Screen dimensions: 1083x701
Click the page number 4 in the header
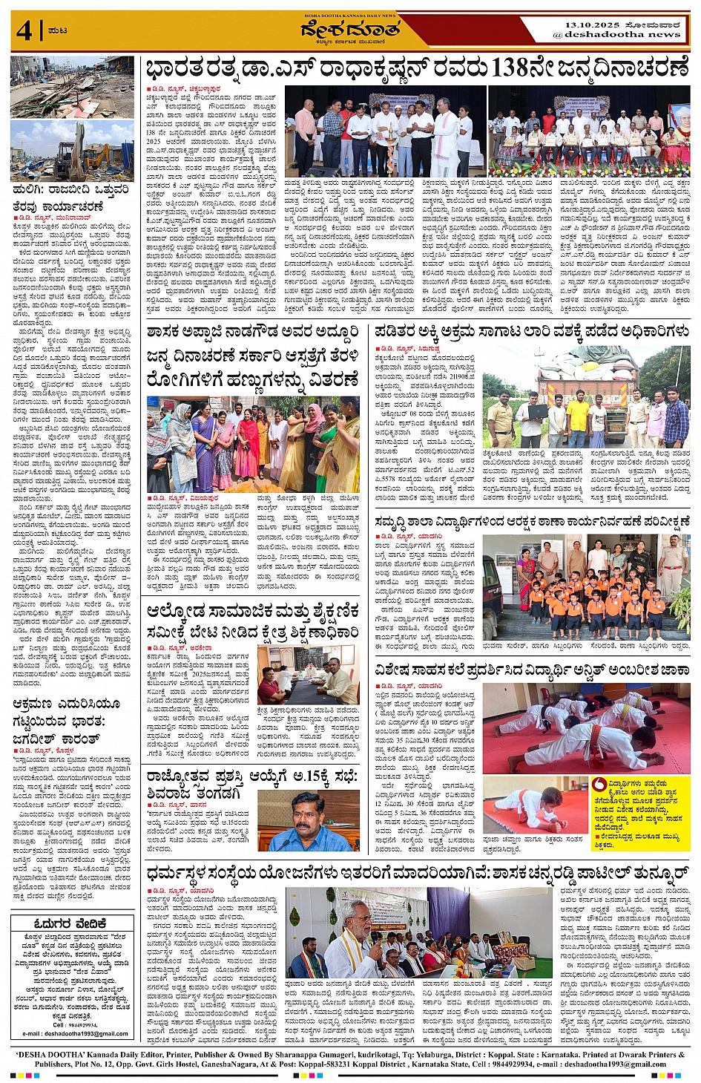pos(24,31)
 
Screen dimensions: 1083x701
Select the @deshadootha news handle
pos(616,35)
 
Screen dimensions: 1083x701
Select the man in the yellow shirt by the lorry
pos(577,419)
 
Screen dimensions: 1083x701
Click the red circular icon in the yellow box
pos(599,784)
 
